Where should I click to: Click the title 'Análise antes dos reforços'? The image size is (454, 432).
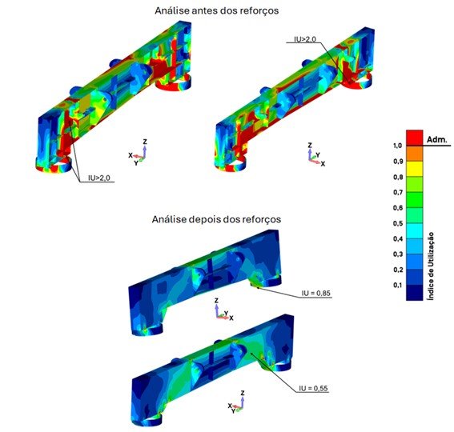point(216,10)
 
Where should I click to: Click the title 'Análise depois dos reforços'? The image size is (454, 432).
point(216,219)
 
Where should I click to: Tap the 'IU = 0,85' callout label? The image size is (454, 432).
point(316,293)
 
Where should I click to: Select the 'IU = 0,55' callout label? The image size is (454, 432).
point(314,388)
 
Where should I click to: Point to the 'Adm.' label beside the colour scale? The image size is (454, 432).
point(437,140)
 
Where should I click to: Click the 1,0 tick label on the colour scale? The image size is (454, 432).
point(398,146)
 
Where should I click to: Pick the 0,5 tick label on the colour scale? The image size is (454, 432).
point(398,223)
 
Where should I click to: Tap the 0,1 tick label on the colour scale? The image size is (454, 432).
point(398,286)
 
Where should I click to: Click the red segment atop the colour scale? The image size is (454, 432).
point(414,138)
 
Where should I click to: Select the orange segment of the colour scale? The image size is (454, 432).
point(414,154)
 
